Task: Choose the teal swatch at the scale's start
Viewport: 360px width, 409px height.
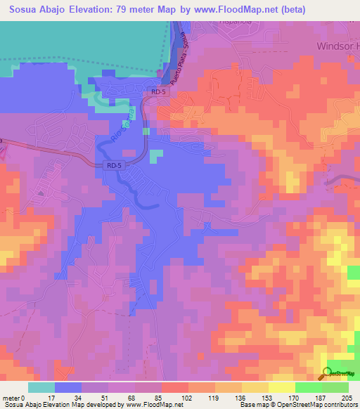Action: pos(41,387)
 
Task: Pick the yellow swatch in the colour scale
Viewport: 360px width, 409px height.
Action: pos(281,387)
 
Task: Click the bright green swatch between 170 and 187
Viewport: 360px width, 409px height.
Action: pos(308,387)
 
